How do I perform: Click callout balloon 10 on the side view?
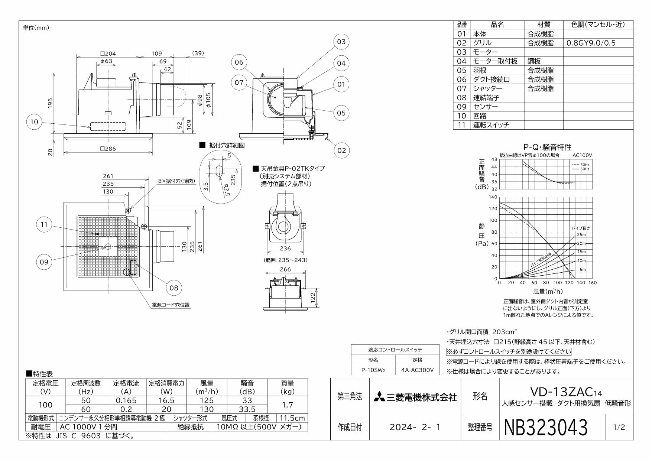click(x=34, y=122)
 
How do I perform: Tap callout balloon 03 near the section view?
click(x=341, y=42)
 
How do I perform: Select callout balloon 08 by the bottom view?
click(x=173, y=288)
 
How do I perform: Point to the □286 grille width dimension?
click(x=108, y=149)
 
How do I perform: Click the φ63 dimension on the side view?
click(x=106, y=61)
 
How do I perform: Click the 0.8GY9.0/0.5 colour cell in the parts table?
click(x=591, y=43)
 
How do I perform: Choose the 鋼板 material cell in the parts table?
click(x=534, y=61)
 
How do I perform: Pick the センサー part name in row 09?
click(x=485, y=107)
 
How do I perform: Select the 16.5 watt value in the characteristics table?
click(x=166, y=400)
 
